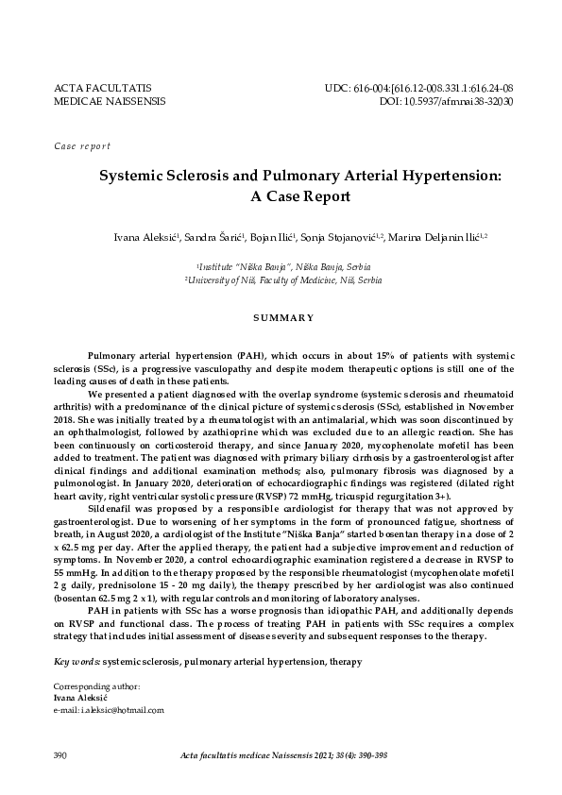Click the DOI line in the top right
[446, 100]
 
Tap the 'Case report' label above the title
[82, 146]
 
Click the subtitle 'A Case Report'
[281, 197]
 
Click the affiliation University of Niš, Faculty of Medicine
[281, 281]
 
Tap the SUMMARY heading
[281, 317]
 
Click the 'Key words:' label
[77, 635]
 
